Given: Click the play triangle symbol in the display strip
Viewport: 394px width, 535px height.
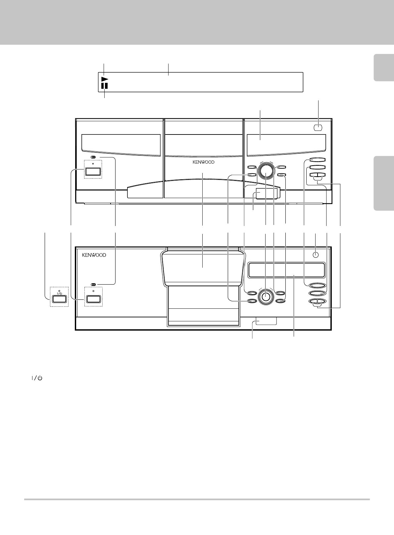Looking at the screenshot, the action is pos(105,79).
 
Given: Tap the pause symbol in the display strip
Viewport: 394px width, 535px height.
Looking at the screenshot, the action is pos(105,86).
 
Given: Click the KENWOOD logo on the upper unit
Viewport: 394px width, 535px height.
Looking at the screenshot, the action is pos(204,162).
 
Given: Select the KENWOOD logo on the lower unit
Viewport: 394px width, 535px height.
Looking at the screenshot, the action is pos(94,255).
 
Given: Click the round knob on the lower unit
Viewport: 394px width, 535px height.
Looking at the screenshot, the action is pos(266,296).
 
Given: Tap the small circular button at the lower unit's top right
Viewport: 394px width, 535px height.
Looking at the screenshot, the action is pos(316,255).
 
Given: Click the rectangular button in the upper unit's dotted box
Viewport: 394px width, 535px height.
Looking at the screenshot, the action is pos(93,172).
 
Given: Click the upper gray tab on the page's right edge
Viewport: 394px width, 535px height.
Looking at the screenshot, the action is pos(384,68).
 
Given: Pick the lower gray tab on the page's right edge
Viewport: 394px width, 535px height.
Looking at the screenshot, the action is pos(384,183).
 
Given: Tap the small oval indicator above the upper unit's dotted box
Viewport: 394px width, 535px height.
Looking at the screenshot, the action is pos(93,157).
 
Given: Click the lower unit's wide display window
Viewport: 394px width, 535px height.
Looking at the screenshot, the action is pos(286,270).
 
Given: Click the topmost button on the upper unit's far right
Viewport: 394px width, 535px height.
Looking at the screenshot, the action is pos(318,160).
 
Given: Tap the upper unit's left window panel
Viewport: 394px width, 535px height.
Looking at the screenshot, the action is pos(121,143).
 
